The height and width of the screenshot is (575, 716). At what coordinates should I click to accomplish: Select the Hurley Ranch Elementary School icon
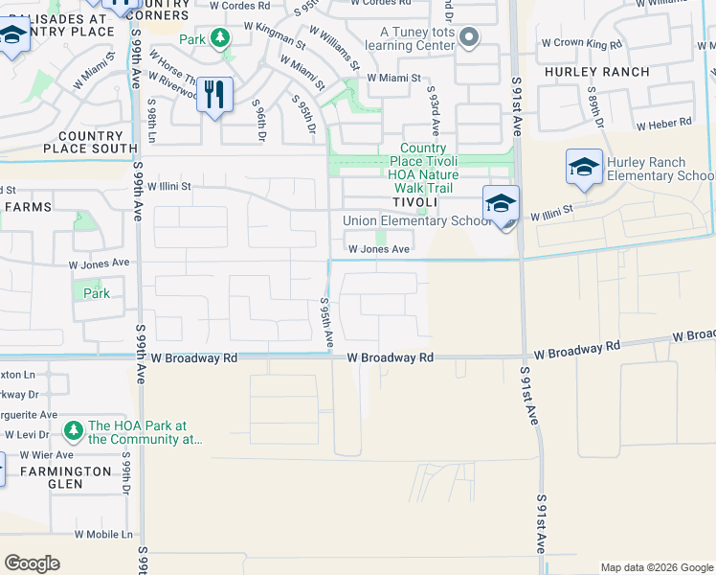click(583, 168)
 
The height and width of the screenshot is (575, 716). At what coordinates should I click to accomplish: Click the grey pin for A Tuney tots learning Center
click(468, 38)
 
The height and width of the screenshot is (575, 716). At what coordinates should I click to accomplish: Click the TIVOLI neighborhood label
click(418, 202)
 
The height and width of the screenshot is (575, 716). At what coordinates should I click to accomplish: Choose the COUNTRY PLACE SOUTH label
click(83, 142)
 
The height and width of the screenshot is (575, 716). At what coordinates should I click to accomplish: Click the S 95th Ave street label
click(326, 326)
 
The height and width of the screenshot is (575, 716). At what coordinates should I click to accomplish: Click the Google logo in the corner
click(33, 563)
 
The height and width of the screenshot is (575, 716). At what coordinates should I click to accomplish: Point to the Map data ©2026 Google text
click(656, 567)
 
